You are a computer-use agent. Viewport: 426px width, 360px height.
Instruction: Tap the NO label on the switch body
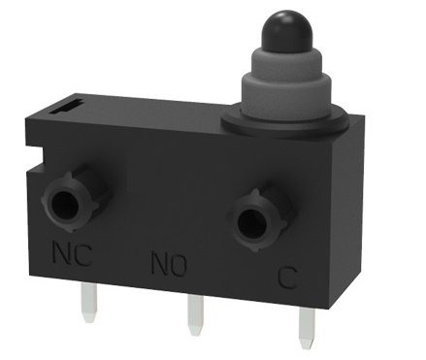[169, 262]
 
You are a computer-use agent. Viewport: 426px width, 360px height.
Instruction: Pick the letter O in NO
[179, 263]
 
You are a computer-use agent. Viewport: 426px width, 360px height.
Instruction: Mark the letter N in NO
[159, 262]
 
